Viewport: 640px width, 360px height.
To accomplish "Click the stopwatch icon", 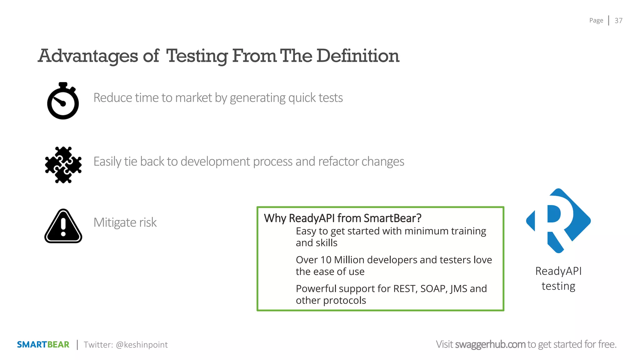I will point(63,101).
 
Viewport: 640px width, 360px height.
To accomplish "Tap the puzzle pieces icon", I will point(63,165).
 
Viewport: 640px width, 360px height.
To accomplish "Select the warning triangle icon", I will point(63,226).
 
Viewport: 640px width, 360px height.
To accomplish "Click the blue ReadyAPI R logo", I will point(558,221).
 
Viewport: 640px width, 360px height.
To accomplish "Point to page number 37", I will point(618,21).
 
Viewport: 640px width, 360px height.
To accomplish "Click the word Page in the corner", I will point(596,21).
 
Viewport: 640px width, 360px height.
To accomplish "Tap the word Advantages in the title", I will point(88,56).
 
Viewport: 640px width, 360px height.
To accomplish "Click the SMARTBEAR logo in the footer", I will point(43,344).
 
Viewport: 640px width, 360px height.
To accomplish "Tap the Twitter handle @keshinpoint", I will point(142,345).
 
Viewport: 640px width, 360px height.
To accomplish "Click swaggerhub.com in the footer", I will point(490,344).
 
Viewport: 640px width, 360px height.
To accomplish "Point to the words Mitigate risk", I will point(125,222).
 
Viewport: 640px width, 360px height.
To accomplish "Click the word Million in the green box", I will point(349,260).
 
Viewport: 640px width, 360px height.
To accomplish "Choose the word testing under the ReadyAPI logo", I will point(558,286).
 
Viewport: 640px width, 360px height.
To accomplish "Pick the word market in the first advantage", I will point(194,98).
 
